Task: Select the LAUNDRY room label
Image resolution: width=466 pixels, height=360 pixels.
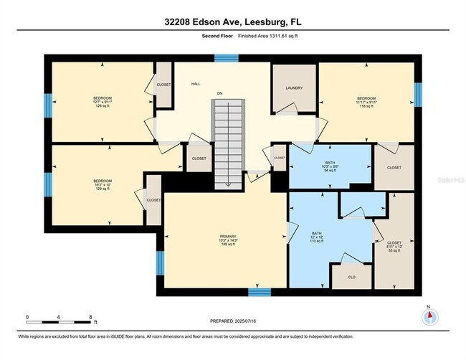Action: [293, 88]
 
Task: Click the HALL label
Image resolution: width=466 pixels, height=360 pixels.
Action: [195, 85]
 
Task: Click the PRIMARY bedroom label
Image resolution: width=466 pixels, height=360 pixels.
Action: [228, 240]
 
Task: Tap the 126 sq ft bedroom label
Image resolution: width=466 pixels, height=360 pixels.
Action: [103, 103]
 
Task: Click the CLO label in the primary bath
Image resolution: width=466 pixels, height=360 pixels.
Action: [351, 276]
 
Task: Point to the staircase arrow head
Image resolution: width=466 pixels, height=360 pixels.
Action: [228, 184]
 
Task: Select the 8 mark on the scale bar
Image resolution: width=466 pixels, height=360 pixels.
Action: [90, 316]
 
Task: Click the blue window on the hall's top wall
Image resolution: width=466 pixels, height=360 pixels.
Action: [227, 57]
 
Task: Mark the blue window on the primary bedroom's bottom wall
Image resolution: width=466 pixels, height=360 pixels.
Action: [259, 291]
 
